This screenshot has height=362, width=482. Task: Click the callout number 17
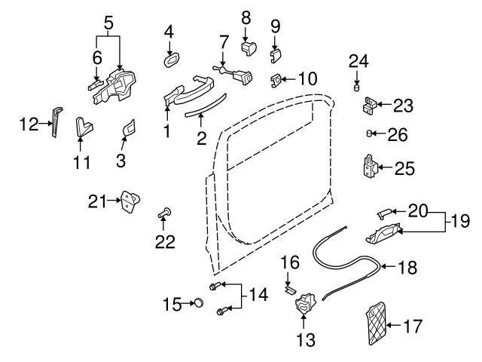pyautogui.click(x=413, y=327)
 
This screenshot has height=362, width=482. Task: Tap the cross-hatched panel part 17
pyautogui.click(x=377, y=323)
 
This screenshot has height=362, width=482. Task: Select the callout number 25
pyautogui.click(x=404, y=167)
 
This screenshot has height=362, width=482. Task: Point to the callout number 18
pyautogui.click(x=407, y=265)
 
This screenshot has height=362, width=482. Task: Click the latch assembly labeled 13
pyautogui.click(x=304, y=304)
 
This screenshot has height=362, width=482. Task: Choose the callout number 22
pyautogui.click(x=165, y=242)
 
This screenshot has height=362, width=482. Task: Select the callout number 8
pyautogui.click(x=246, y=17)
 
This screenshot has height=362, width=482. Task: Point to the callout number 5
pyautogui.click(x=109, y=23)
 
